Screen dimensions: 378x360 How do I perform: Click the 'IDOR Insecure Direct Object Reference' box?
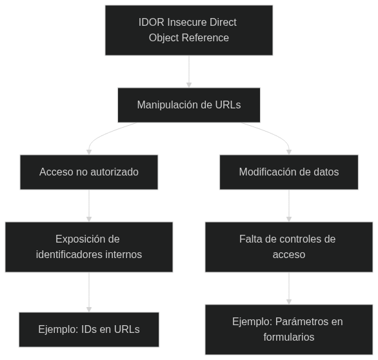point(189,30)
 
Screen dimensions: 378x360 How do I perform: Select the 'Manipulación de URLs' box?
point(189,105)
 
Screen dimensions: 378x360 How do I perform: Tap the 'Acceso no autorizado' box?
point(89,172)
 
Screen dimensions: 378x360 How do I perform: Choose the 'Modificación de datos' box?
point(289,172)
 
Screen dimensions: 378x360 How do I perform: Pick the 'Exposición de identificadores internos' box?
point(89,247)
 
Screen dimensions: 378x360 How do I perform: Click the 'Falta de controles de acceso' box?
point(289,247)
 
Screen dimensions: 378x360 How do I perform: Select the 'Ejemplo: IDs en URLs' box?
point(89,330)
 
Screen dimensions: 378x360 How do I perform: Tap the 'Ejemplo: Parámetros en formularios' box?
point(289,330)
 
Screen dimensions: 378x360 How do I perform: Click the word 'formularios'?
point(289,337)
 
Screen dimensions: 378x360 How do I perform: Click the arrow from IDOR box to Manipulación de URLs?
point(189,72)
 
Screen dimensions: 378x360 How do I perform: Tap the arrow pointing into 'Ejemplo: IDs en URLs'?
point(89,292)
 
